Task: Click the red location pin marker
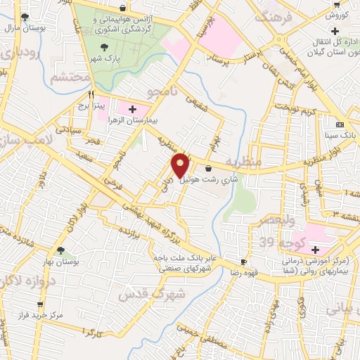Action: point(181,165)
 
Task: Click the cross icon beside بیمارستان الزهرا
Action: point(132,109)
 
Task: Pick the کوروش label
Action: point(337,15)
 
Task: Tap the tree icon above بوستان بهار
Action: point(61,250)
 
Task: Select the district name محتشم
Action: point(70,77)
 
